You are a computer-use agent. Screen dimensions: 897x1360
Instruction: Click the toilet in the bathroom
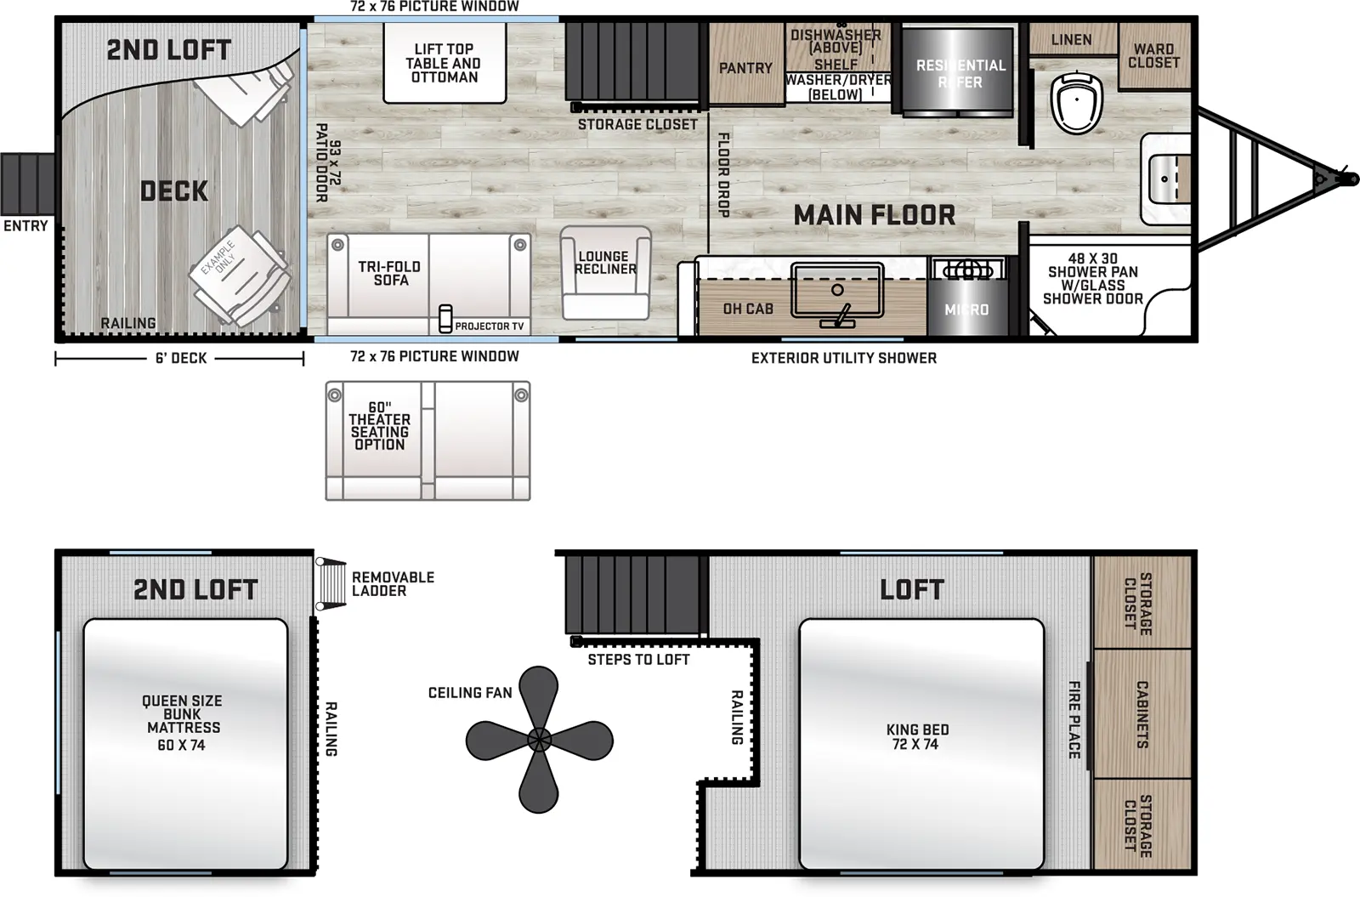[1076, 103]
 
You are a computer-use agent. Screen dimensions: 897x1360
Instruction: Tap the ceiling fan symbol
[539, 739]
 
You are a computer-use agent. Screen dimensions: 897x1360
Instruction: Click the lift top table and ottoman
[444, 63]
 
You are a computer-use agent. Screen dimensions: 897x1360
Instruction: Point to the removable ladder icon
[331, 583]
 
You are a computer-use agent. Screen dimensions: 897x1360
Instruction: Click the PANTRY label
[745, 68]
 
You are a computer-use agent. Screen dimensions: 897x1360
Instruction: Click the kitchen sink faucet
[840, 315]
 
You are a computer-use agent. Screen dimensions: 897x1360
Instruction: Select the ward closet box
[1153, 56]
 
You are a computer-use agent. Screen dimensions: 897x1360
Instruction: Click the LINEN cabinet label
[1071, 40]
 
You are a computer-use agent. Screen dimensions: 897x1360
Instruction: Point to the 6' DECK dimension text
[181, 359]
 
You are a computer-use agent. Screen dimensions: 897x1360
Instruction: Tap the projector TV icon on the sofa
[445, 319]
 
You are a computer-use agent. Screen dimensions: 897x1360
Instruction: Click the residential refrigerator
[959, 73]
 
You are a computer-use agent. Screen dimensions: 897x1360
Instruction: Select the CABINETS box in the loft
[1142, 714]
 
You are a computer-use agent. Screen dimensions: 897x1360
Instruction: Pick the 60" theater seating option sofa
[428, 440]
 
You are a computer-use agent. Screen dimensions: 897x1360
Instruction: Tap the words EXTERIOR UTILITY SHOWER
[843, 359]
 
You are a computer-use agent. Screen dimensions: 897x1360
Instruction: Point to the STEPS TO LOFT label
[638, 660]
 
